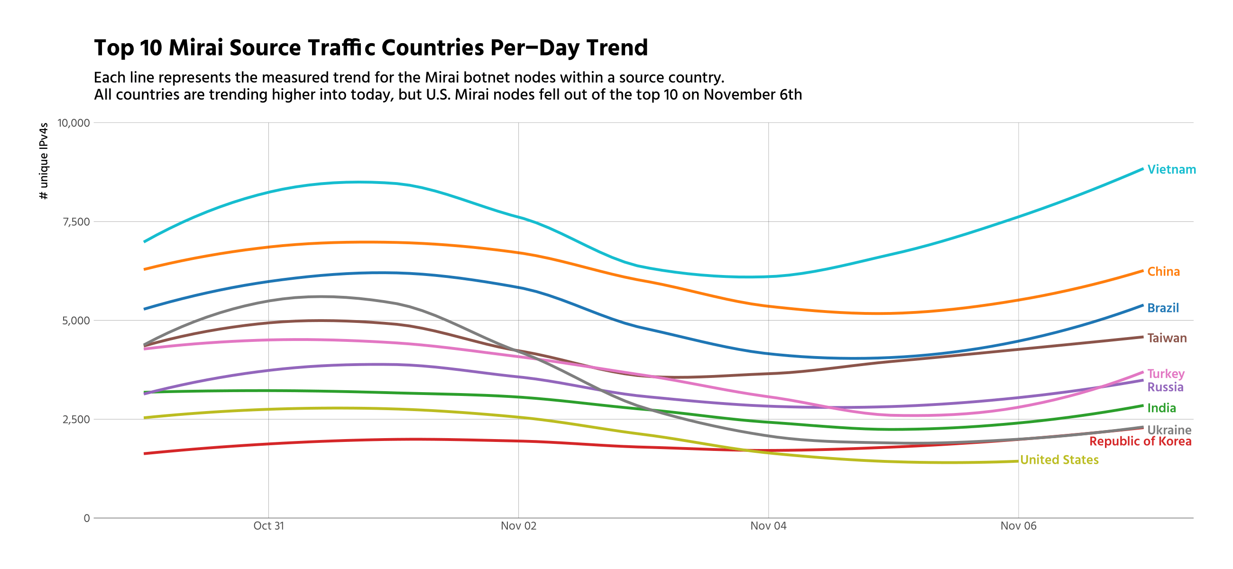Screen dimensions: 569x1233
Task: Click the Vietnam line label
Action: [x=1171, y=169]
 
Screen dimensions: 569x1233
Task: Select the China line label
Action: [x=1163, y=272]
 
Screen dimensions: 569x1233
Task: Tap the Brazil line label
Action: [x=1163, y=308]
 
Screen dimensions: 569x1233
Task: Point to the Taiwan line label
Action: [x=1167, y=339]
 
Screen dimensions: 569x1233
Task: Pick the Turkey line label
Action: [x=1166, y=374]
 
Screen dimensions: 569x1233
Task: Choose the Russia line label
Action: [x=1165, y=387]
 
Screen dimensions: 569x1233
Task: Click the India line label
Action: [x=1161, y=408]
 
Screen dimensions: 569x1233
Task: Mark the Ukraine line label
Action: [x=1169, y=430]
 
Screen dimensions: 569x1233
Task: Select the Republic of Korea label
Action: [x=1140, y=441]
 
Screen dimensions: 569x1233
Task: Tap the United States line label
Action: [x=1059, y=460]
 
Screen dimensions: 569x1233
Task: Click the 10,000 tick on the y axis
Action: [x=74, y=123]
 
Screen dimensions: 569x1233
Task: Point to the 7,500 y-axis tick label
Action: [x=76, y=222]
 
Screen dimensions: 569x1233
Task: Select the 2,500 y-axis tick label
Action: [x=76, y=420]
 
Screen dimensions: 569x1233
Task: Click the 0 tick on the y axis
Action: [x=87, y=518]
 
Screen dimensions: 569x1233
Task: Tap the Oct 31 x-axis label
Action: [x=268, y=526]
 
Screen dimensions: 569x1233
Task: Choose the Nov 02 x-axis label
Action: [x=518, y=526]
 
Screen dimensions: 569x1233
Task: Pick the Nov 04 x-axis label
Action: [x=768, y=526]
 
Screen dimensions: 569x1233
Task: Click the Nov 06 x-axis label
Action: [x=1018, y=526]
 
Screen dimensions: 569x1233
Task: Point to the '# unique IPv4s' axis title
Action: [x=44, y=161]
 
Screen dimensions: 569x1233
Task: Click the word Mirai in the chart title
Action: [x=196, y=48]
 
